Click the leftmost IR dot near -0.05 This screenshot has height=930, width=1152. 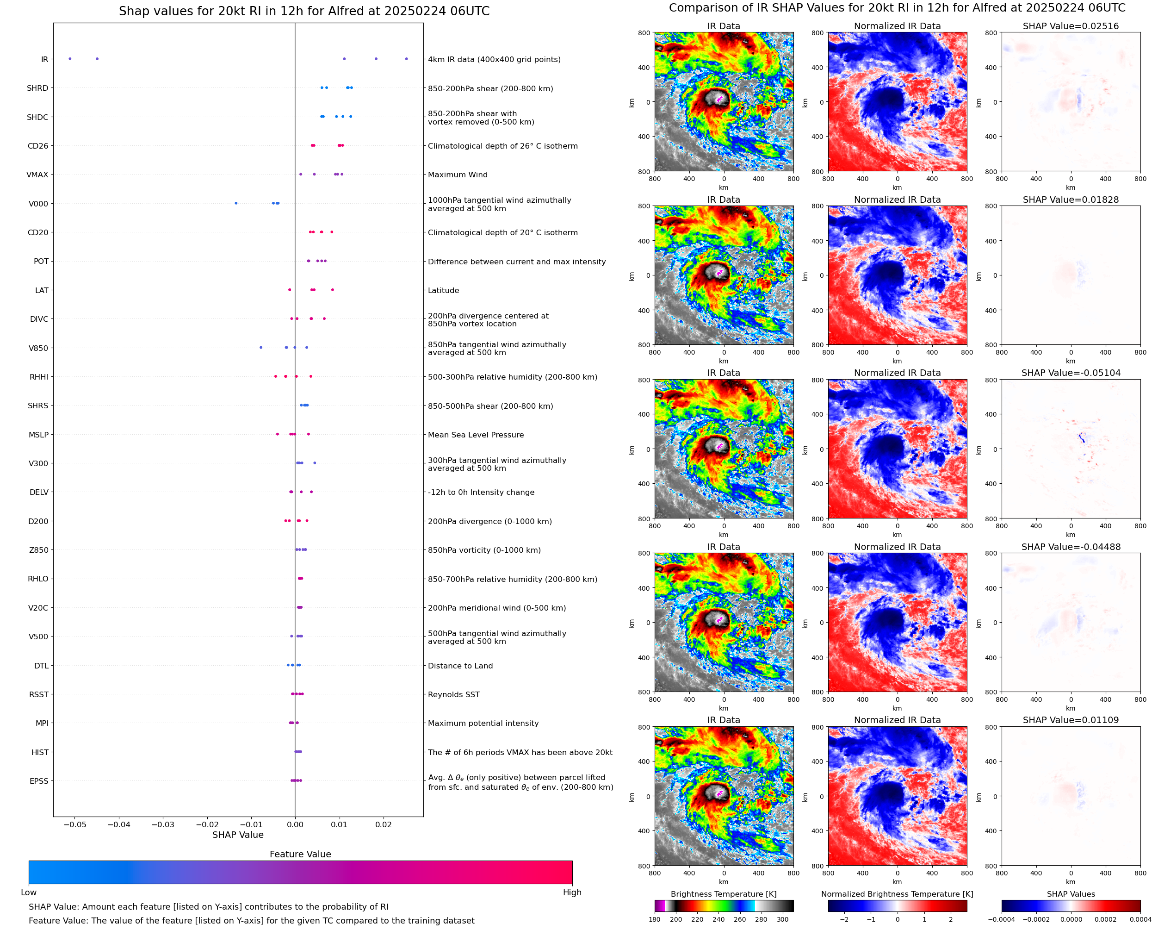click(69, 59)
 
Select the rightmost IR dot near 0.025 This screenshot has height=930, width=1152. click(406, 59)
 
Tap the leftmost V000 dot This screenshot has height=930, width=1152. click(236, 203)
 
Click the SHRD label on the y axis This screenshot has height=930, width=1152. click(37, 88)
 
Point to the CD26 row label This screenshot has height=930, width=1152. click(38, 146)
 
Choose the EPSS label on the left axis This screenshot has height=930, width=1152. click(39, 781)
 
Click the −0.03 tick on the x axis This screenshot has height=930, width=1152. click(163, 824)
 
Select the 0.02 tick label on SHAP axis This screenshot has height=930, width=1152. click(383, 824)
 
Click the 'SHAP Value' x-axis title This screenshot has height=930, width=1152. click(238, 835)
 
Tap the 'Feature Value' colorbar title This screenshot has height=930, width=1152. click(300, 855)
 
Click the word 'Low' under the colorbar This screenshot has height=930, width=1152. click(29, 893)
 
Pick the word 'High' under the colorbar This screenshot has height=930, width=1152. click(572, 893)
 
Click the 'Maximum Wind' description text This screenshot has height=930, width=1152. click(458, 175)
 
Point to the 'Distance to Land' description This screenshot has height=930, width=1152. click(460, 666)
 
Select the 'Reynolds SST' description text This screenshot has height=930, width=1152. click(454, 695)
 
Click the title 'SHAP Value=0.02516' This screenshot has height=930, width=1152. click(1071, 26)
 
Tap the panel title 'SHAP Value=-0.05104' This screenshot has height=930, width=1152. click(1071, 373)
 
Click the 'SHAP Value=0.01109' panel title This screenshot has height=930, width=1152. click(1071, 720)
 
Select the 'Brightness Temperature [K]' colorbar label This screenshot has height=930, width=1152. click(724, 894)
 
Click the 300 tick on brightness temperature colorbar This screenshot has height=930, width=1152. click(783, 919)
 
